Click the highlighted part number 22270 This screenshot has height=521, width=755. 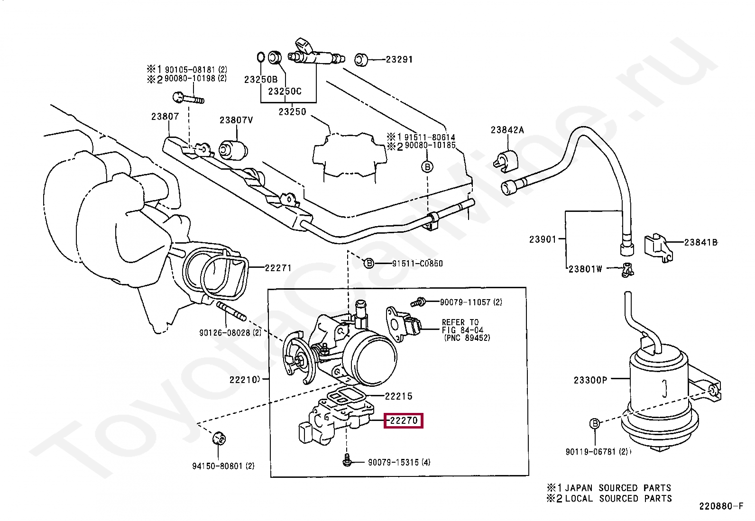pyautogui.click(x=403, y=420)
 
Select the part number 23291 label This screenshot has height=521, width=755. pyautogui.click(x=399, y=60)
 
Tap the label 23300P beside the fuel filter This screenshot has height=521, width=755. pyautogui.click(x=590, y=380)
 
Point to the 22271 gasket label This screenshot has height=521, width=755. pyautogui.click(x=278, y=268)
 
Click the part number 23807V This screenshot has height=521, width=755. pyautogui.click(x=236, y=120)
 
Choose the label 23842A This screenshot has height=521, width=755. pyautogui.click(x=507, y=130)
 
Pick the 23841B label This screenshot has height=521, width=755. pyautogui.click(x=700, y=242)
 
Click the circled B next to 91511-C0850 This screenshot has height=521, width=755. pyautogui.click(x=369, y=264)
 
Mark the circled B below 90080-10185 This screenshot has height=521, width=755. pyautogui.click(x=427, y=167)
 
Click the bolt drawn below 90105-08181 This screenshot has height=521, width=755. pyautogui.click(x=188, y=99)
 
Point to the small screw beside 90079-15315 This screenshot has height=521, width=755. pyautogui.click(x=347, y=459)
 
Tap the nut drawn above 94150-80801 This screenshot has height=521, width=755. pyautogui.click(x=219, y=438)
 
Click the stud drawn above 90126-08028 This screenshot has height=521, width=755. pyautogui.click(x=231, y=311)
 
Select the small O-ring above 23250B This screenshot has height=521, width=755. pyautogui.click(x=260, y=57)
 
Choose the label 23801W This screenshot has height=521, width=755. pyautogui.click(x=585, y=269)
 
